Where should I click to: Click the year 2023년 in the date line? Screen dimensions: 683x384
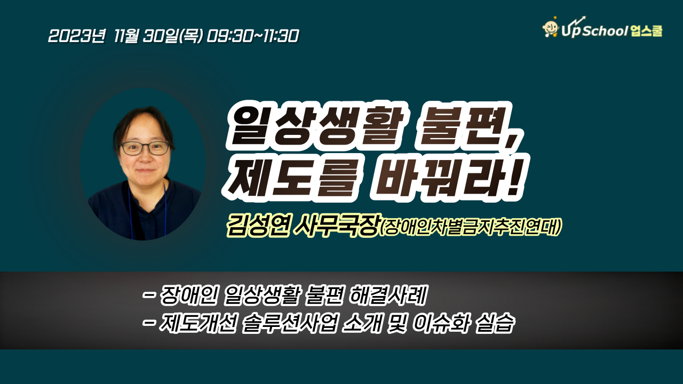point(76,36)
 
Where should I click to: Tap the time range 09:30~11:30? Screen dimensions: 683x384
point(253,36)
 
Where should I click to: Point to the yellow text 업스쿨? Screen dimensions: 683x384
point(646,31)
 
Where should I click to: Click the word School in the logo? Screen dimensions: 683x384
point(605,31)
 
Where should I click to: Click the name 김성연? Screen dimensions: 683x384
point(258,226)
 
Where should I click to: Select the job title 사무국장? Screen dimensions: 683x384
point(336,226)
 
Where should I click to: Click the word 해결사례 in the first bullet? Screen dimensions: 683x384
point(387,295)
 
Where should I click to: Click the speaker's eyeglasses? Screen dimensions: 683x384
point(144,148)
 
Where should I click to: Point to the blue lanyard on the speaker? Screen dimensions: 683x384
point(165,210)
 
